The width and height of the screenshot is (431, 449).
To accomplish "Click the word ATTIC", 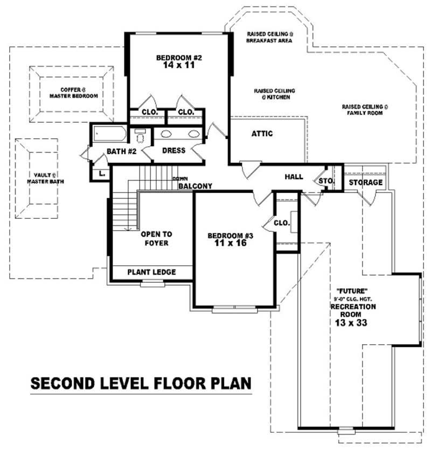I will click(262, 133).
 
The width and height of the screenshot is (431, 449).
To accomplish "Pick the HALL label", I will click(294, 176).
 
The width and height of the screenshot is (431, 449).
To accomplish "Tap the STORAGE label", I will click(365, 182).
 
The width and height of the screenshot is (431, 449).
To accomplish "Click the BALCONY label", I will click(195, 186).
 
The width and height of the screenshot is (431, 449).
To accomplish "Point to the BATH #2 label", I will click(121, 152).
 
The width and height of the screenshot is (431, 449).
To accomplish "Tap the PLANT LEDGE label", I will click(151, 272).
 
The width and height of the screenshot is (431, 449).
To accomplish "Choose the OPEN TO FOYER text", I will click(156, 238).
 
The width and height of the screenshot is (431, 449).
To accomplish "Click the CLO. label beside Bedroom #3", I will click(282, 223).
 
